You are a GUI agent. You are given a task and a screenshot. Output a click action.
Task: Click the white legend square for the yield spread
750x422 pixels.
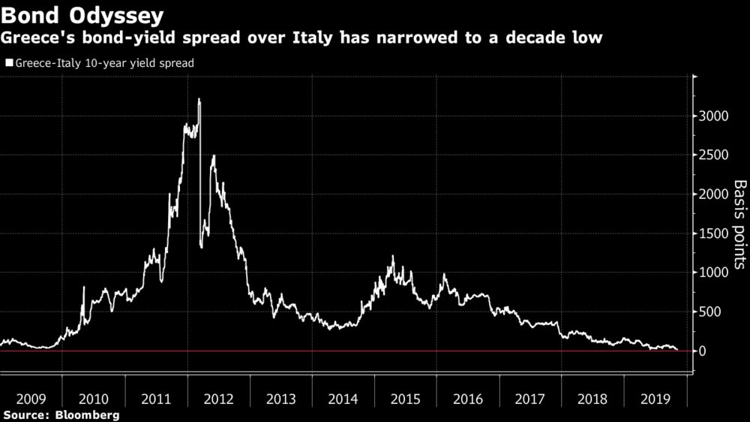click(9, 64)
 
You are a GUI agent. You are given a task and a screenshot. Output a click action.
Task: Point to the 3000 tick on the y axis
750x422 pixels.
click(712, 116)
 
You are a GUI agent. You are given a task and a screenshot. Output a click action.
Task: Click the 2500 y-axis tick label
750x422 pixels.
click(712, 155)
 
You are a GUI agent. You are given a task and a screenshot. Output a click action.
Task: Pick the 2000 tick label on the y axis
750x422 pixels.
click(712, 194)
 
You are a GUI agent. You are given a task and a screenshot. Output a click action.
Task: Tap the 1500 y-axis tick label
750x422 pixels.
click(712, 234)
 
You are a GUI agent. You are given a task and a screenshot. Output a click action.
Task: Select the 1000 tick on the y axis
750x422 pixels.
click(712, 273)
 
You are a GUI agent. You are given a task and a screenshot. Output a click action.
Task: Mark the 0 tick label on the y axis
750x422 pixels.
click(703, 351)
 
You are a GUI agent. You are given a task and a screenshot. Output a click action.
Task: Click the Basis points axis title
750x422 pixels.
click(739, 224)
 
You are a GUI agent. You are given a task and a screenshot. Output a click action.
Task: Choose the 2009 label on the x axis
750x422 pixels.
click(31, 399)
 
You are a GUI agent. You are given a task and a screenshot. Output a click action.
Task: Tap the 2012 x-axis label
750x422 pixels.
click(218, 399)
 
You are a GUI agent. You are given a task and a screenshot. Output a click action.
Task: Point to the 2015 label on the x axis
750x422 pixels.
click(405, 399)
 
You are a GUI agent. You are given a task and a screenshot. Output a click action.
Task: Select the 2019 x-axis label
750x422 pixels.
click(655, 399)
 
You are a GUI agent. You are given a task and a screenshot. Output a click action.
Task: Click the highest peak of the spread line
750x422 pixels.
click(199, 99)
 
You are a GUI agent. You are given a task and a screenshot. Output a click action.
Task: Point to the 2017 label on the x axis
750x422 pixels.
click(529, 399)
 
